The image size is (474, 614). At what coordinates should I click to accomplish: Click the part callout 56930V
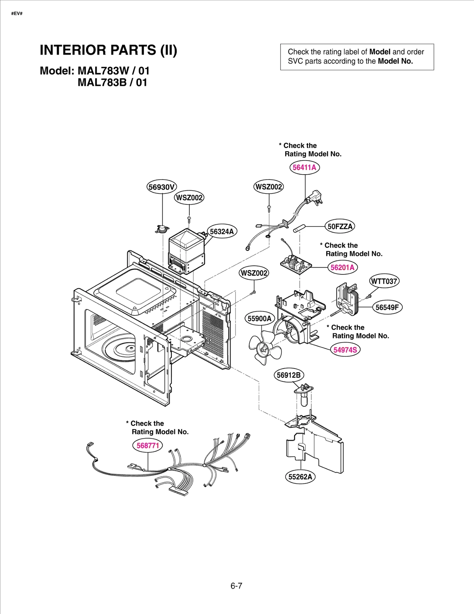tap(162, 187)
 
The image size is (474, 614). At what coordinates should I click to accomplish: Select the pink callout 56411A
tap(304, 167)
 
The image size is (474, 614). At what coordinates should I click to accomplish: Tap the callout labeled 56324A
tap(222, 231)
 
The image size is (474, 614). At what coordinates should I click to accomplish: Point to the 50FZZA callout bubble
tap(340, 227)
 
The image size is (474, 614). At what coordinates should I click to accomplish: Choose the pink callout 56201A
tap(342, 267)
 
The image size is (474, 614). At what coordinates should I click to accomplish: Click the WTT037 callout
tap(384, 281)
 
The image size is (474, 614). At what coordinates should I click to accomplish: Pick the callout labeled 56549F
tap(387, 307)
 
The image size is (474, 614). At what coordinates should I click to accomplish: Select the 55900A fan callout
tap(260, 318)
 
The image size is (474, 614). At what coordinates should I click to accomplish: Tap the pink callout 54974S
tap(345, 350)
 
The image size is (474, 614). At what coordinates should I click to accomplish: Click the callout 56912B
tap(289, 375)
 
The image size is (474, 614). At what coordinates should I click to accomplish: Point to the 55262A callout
tap(300, 477)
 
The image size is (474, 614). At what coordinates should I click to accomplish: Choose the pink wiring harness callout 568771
tap(148, 445)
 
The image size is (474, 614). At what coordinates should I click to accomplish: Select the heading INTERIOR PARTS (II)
tap(108, 50)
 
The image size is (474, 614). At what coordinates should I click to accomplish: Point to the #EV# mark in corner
tap(17, 14)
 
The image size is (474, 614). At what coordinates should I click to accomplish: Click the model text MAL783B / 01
tap(112, 83)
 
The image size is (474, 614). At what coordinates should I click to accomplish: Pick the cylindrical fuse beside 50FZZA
tap(299, 228)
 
